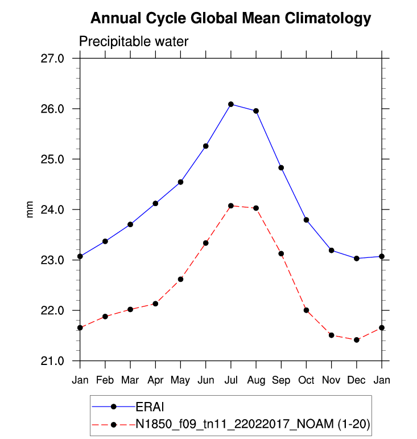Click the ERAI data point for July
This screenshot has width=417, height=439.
pos(231,104)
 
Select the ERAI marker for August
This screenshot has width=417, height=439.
pos(256,111)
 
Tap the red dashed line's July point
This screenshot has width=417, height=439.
pos(231,206)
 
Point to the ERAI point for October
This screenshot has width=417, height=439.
pos(306,220)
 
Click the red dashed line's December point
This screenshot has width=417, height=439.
pos(357,340)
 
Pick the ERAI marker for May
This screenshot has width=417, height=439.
pos(180,182)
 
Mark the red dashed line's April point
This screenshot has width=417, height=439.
pos(155,303)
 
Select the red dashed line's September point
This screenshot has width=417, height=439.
pos(281,253)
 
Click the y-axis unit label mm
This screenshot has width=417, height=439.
pos(30,210)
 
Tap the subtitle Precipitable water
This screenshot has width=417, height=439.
pos(133,42)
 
